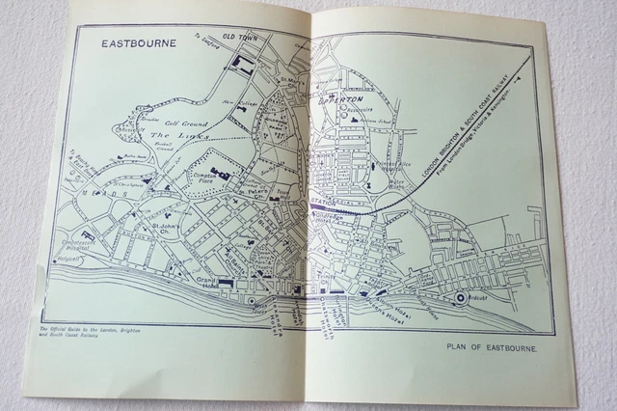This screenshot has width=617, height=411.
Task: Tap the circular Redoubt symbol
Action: tap(462, 299)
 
